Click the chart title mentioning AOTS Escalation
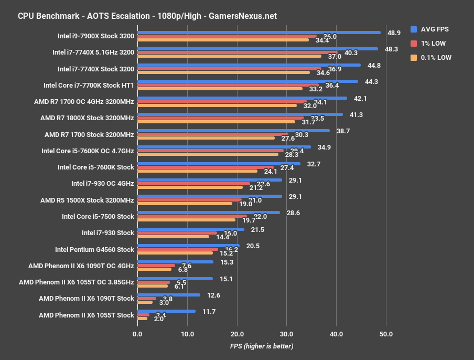147,16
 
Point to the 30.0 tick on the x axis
286,334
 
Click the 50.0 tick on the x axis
386,334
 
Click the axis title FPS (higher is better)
261,346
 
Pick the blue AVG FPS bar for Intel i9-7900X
258,32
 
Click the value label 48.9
394,33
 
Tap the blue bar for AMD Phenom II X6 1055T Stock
166,311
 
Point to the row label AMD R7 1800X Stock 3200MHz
87,118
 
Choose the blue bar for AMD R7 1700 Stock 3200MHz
233,131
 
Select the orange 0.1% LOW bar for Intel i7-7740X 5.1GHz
229,56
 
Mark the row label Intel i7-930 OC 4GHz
102,184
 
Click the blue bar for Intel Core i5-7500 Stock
208,213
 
